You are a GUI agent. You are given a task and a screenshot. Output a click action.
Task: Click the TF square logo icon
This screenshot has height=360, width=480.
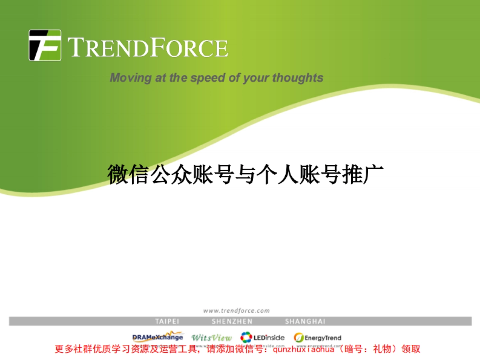pyautogui.click(x=45, y=45)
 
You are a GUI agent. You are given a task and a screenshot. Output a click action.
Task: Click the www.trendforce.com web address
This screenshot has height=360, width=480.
pyautogui.click(x=236, y=310)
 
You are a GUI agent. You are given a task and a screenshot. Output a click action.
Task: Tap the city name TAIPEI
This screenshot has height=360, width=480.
pyautogui.click(x=167, y=321)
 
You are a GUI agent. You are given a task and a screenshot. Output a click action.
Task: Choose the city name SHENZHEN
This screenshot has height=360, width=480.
pyautogui.click(x=232, y=321)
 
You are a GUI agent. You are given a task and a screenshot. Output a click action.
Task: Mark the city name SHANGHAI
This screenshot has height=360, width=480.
pyautogui.click(x=305, y=321)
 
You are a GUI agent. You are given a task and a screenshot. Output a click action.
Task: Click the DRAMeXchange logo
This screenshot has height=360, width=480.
pyautogui.click(x=158, y=337)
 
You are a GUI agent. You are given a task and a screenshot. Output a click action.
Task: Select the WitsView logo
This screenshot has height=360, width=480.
pyautogui.click(x=212, y=338)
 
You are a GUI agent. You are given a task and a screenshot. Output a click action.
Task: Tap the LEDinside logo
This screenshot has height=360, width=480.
pyautogui.click(x=263, y=338)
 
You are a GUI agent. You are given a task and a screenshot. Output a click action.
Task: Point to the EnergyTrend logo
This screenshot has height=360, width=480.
pyautogui.click(x=318, y=338)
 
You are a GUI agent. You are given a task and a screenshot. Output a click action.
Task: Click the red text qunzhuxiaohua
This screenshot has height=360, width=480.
pyautogui.click(x=305, y=349)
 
